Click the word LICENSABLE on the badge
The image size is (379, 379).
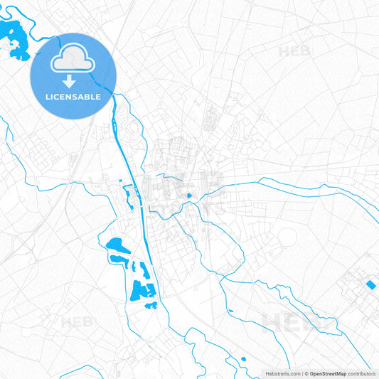[73, 96]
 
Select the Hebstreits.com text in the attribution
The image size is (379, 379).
[283, 373]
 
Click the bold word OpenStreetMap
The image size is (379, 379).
[333, 373]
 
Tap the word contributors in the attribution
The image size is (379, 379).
[362, 373]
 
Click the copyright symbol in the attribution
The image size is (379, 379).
[306, 373]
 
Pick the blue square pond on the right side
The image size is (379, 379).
[370, 285]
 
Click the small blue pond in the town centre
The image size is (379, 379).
[188, 196]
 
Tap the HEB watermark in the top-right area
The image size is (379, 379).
[294, 51]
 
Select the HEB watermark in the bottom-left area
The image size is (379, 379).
[76, 321]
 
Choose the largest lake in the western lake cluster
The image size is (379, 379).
[139, 290]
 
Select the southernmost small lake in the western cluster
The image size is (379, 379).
[151, 306]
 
